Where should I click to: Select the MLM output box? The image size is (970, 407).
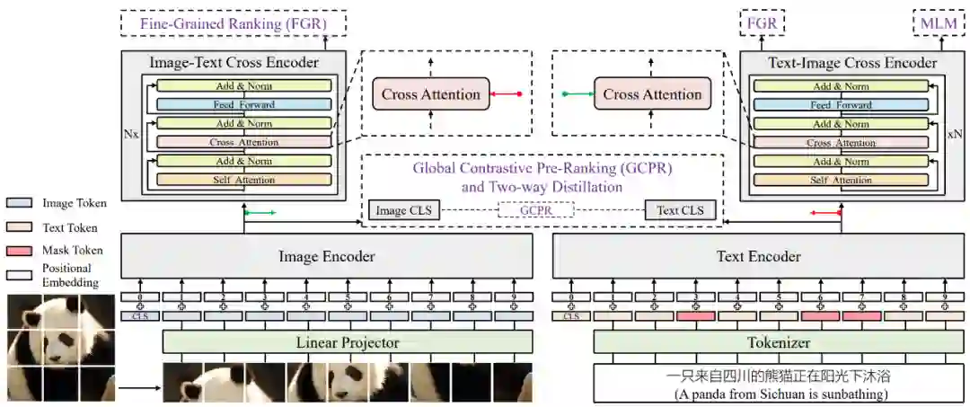(x=939, y=22)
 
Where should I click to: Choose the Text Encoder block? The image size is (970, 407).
(x=758, y=257)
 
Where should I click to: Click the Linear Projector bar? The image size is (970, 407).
(x=348, y=342)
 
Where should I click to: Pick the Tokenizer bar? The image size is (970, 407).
(x=778, y=342)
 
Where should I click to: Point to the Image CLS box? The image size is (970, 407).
(x=403, y=211)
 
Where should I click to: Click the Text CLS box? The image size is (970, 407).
(x=680, y=211)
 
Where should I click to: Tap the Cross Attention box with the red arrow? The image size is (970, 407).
(x=431, y=94)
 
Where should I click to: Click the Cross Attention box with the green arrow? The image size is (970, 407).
(x=652, y=94)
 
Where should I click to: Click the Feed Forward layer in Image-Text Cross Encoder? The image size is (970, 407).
(x=244, y=104)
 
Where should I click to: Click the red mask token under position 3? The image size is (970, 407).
(x=696, y=316)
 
